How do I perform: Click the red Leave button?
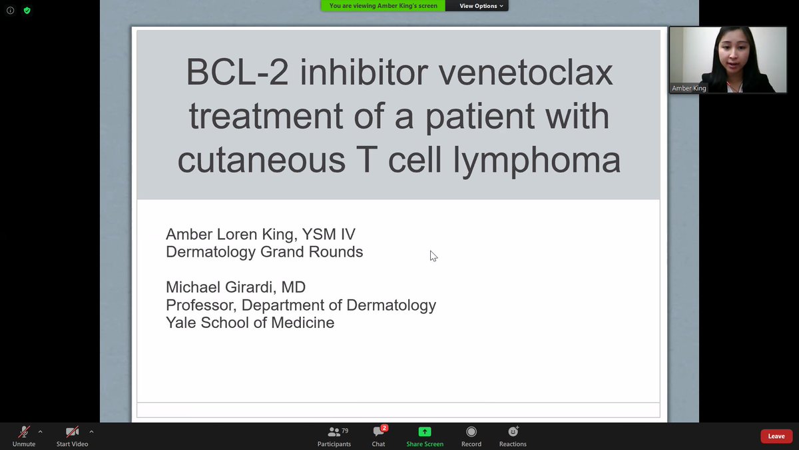(x=776, y=436)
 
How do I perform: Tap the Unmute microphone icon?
(x=24, y=432)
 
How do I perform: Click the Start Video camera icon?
(x=72, y=432)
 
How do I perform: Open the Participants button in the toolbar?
(x=334, y=432)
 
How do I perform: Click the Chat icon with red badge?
(x=378, y=432)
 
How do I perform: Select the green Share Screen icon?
(x=425, y=432)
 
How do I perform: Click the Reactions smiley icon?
(x=513, y=432)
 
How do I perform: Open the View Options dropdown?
(x=481, y=6)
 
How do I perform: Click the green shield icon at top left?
(x=27, y=11)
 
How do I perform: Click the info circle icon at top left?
(x=10, y=11)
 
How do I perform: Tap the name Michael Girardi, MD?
(x=236, y=287)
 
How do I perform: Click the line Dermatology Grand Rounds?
(x=264, y=252)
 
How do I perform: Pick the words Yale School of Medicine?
(x=250, y=323)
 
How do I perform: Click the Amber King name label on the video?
(x=689, y=88)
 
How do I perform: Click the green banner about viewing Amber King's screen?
(x=384, y=6)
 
